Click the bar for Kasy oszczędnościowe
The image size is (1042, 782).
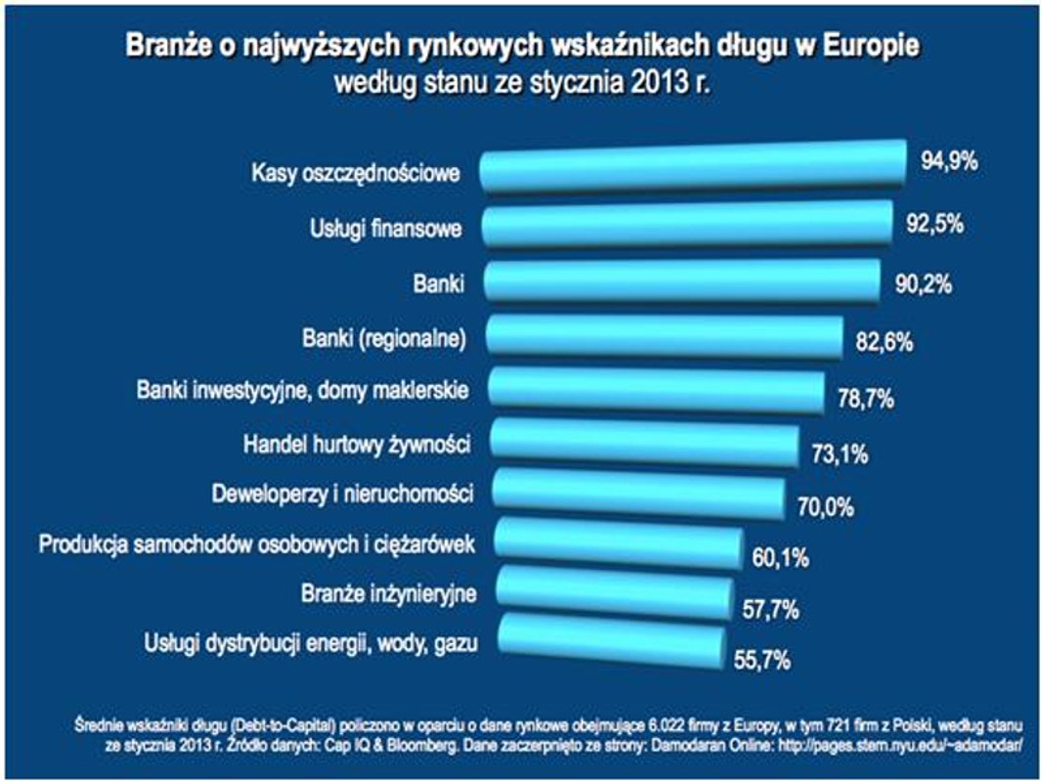694,167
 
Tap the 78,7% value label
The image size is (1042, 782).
866,398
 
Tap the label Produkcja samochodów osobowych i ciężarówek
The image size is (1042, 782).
256,543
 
